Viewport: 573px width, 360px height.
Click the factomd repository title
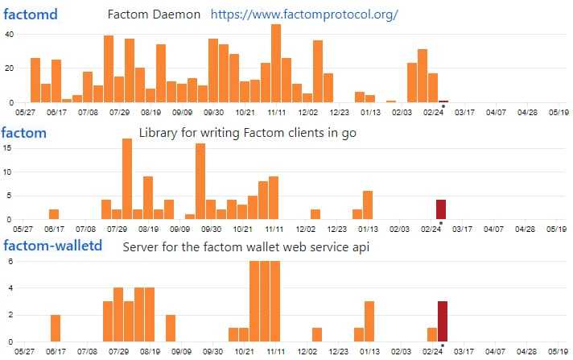pos(30,14)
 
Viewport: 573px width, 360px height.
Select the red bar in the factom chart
pos(441,209)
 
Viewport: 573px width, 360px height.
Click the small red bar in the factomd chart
pos(443,101)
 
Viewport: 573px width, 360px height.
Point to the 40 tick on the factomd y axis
pos(9,34)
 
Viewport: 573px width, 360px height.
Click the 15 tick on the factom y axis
pos(8,147)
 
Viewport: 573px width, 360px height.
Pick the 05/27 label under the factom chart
pos(25,229)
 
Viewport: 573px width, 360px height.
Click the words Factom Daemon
pos(153,14)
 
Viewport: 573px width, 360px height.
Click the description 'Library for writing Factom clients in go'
pos(247,132)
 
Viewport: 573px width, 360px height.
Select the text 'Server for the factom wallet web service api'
pos(245,246)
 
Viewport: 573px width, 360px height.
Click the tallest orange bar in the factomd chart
pos(276,63)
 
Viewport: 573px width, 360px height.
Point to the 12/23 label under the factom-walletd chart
pos(339,352)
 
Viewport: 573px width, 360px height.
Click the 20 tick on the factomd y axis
pos(9,68)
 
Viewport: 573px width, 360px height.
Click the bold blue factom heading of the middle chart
pos(24,132)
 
